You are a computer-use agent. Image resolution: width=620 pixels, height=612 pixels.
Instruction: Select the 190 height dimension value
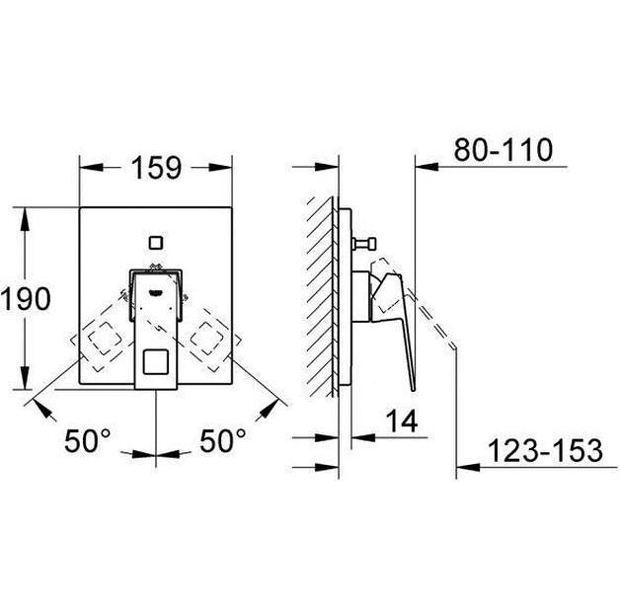26,298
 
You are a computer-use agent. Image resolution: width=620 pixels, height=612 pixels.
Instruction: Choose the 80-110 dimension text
504,150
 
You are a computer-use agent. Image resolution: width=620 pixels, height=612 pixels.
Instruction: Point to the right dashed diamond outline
211,338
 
